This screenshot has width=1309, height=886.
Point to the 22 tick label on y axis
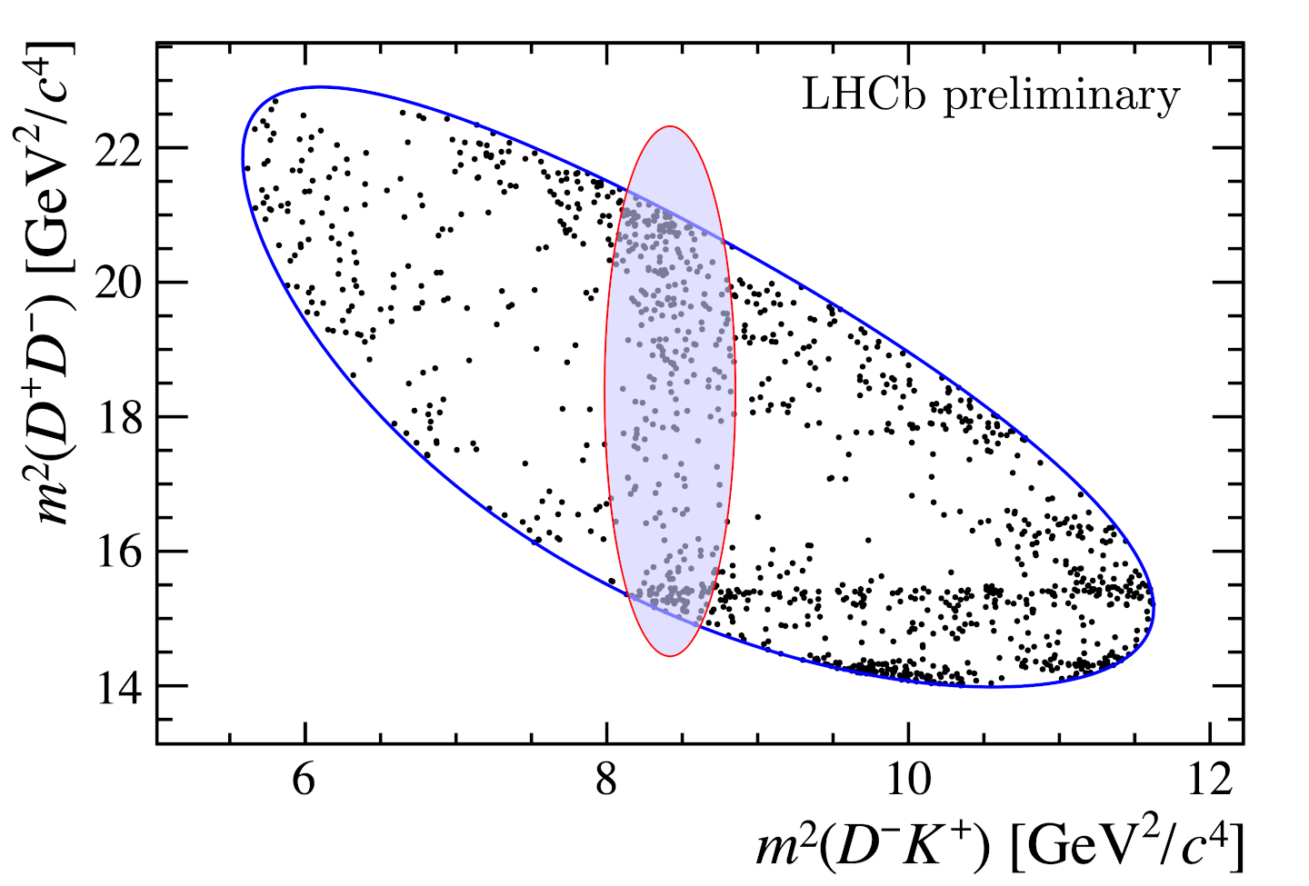[119, 149]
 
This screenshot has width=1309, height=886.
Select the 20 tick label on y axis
[119, 284]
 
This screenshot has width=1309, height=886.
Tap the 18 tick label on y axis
[119, 418]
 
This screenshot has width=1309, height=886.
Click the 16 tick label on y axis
[119, 553]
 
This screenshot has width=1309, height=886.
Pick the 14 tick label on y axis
[119, 687]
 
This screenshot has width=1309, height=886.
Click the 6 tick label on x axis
[305, 780]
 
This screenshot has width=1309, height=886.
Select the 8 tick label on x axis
[606, 780]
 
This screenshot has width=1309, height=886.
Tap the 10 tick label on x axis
[907, 780]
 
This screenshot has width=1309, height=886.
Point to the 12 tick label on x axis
[1209, 780]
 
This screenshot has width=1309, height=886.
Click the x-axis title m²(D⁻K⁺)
[873, 846]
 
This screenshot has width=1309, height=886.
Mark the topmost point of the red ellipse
[670, 126]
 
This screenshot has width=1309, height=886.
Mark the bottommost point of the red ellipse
[670, 656]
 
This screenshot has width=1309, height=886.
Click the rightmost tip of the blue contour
[1154, 604]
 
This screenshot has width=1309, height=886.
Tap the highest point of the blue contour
[318, 86]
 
